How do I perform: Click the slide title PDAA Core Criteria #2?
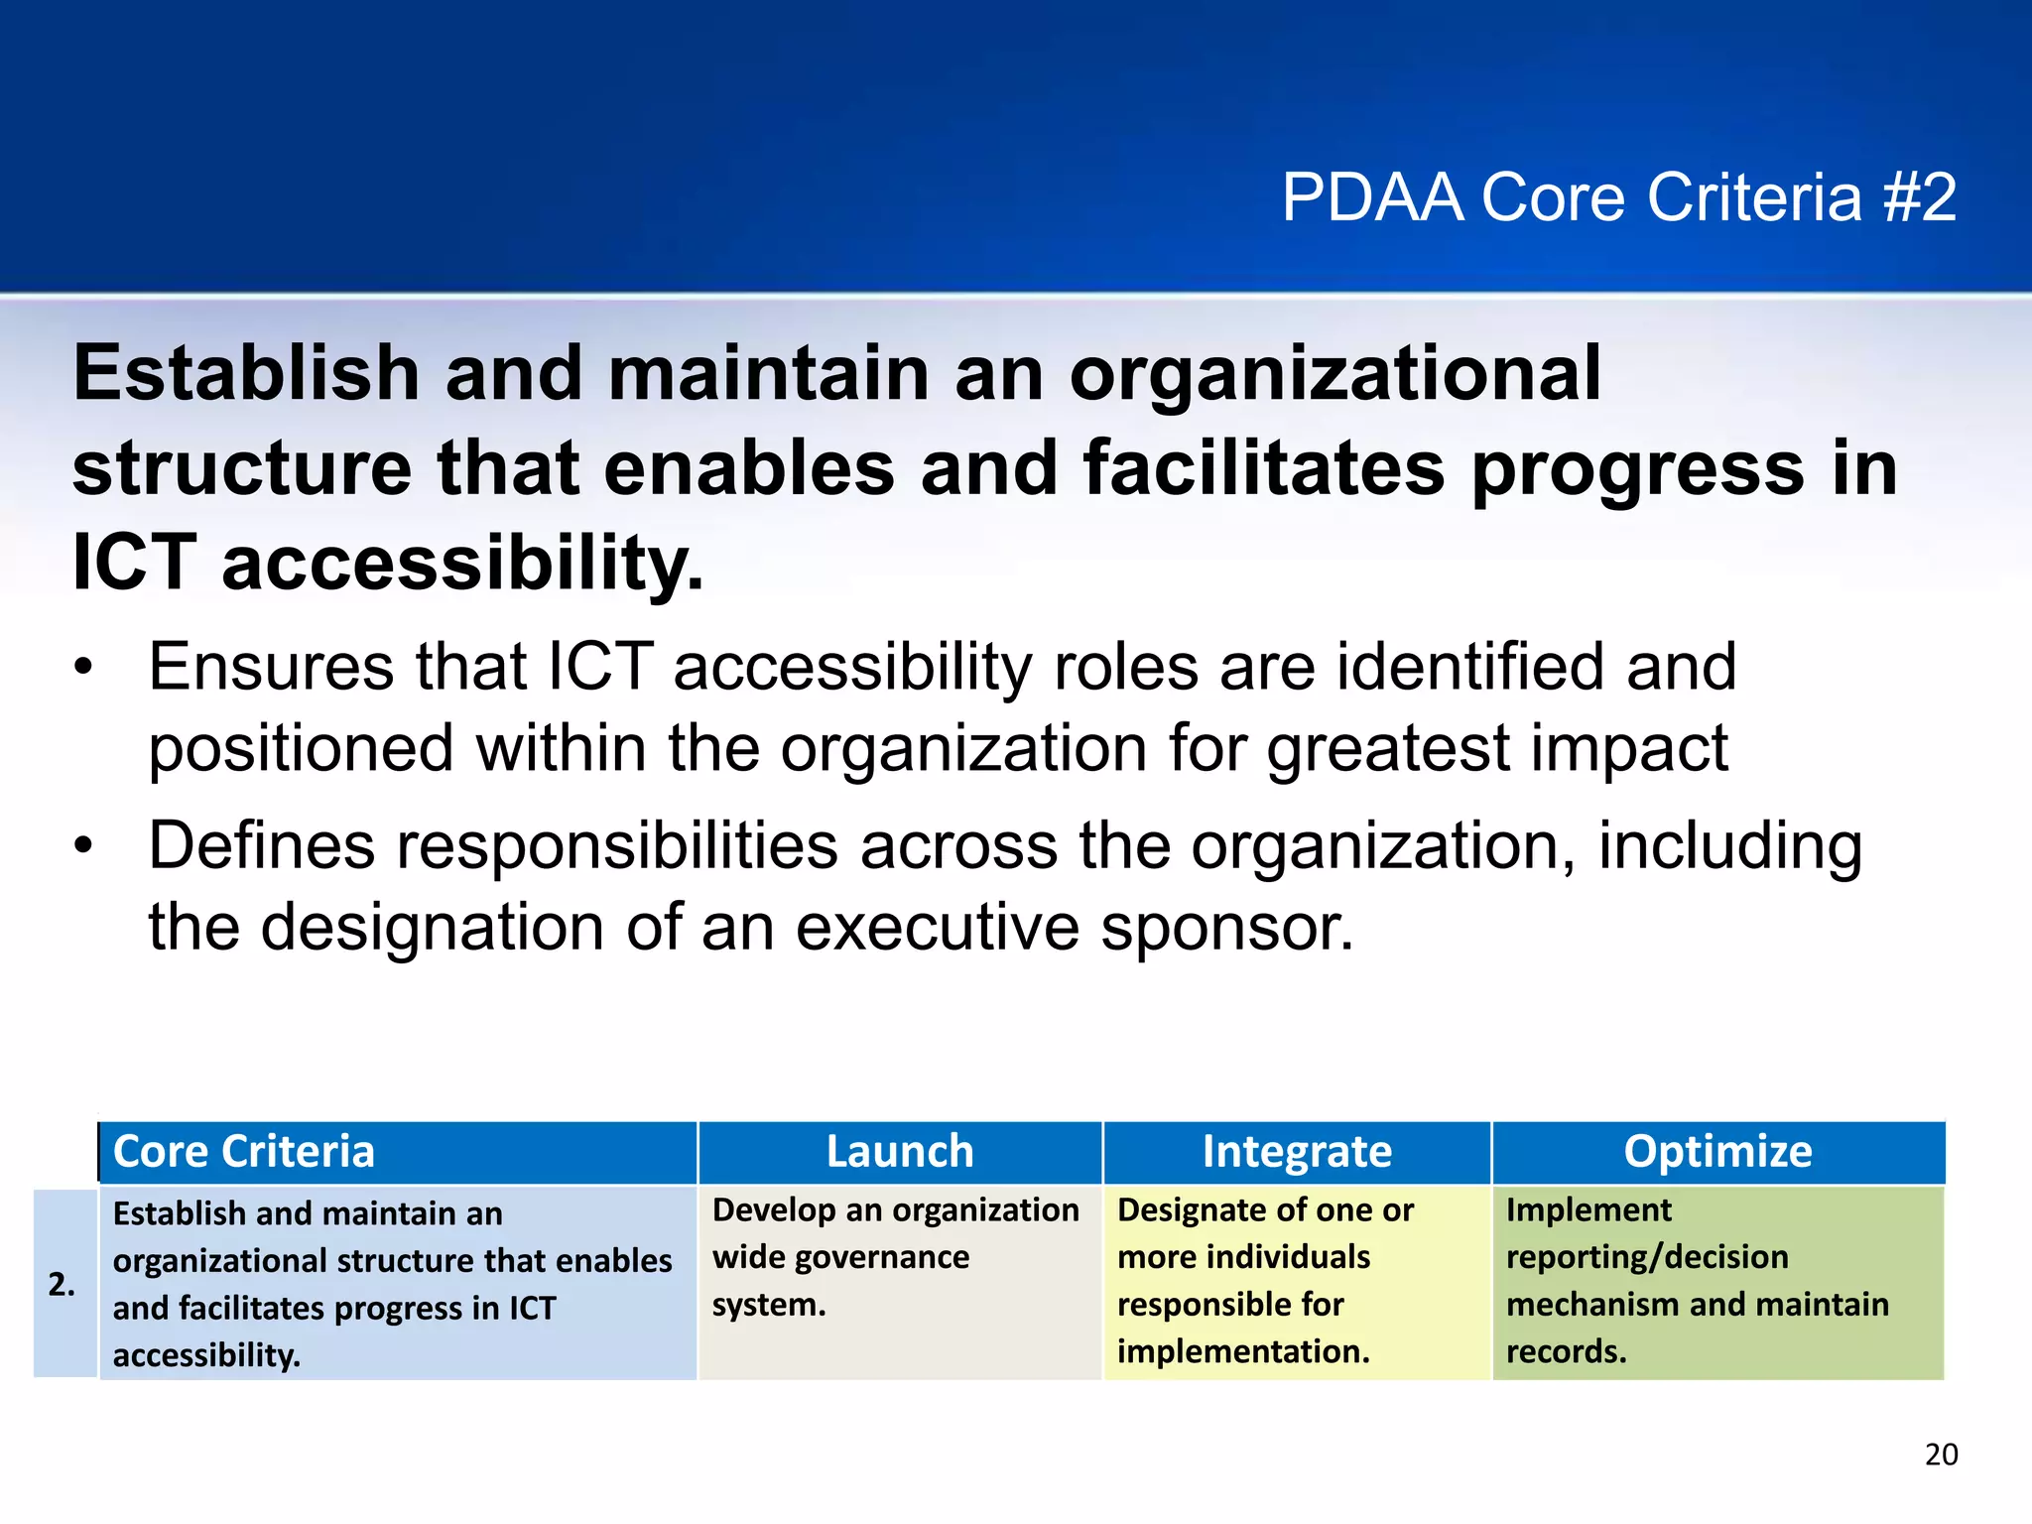1618,197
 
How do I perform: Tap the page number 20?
1941,1455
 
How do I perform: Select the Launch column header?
900,1152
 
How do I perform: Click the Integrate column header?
1297,1152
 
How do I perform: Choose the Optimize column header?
1717,1152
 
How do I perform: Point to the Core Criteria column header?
244,1152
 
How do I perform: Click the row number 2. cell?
63,1284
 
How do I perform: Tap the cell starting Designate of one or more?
1265,1280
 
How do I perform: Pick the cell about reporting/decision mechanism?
1697,1280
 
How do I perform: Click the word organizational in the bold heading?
1334,374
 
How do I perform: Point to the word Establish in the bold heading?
246,374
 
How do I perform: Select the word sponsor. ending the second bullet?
1227,930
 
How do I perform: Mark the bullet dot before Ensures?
83,669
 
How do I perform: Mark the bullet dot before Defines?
83,848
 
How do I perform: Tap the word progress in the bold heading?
1637,469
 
